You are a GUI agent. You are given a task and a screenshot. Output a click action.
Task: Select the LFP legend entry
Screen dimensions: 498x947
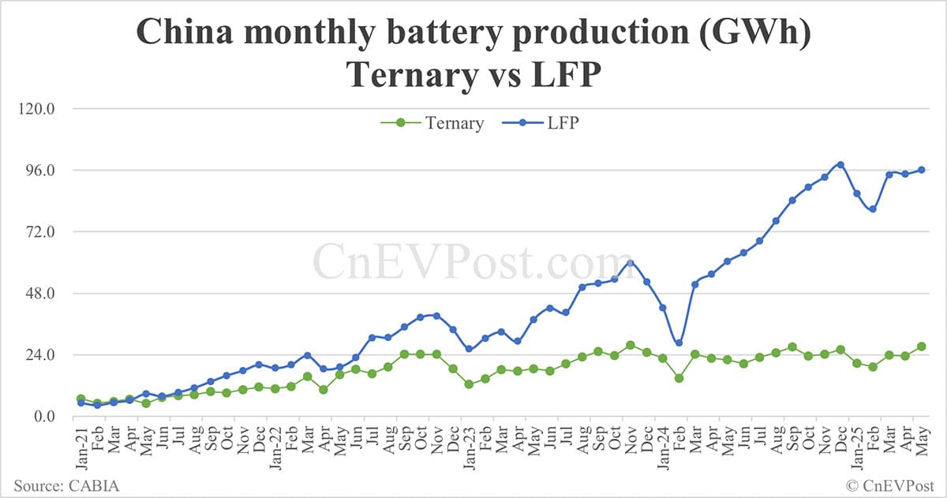[x=563, y=123]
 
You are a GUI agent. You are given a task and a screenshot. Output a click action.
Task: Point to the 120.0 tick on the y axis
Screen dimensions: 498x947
[x=33, y=109]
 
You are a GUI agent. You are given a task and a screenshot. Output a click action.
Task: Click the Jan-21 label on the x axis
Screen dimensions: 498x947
[x=81, y=447]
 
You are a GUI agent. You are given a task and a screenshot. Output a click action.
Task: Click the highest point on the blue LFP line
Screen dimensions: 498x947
[x=840, y=164]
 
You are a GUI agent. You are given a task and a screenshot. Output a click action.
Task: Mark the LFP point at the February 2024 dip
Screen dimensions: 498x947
[x=679, y=343]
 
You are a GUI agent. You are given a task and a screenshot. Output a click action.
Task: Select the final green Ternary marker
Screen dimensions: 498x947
[x=921, y=346]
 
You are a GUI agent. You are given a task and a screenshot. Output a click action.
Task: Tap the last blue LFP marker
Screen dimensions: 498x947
[x=921, y=170]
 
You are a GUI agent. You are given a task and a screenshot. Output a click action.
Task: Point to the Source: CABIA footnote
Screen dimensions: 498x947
[x=66, y=485]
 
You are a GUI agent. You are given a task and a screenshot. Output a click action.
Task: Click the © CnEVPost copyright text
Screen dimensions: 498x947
[x=889, y=485]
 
